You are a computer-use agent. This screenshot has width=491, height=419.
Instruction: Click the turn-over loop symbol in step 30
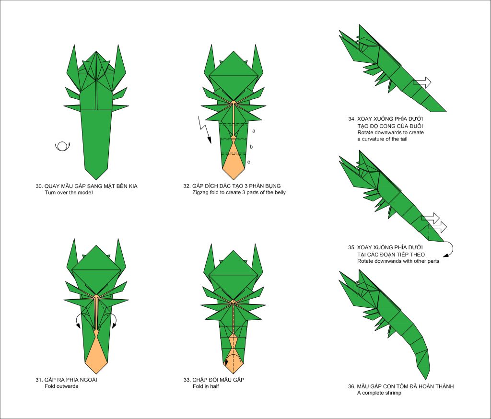pos(62,146)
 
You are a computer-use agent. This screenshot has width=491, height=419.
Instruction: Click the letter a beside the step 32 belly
pos(254,130)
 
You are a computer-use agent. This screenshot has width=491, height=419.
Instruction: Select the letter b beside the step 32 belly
pos(251,147)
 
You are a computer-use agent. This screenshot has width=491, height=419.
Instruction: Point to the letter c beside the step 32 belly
pos(249,162)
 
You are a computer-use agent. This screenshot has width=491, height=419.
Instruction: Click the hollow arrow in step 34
pos(422,82)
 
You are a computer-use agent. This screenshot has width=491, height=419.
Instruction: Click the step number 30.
pos(39,186)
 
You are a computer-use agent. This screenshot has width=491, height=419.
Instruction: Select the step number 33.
pos(187,380)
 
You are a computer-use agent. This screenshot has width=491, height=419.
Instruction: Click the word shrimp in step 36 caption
pos(393,393)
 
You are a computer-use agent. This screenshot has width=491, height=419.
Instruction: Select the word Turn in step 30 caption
pos(50,192)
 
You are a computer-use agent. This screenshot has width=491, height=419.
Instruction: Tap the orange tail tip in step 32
pos(234,178)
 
